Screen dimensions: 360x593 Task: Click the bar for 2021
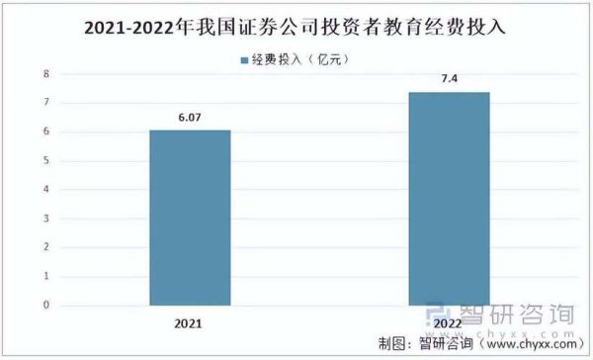[190, 218]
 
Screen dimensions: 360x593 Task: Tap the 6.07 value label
[190, 118]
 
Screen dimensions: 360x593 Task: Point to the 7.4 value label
[449, 78]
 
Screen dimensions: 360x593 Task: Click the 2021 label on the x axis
[190, 323]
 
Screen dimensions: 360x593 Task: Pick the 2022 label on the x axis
[449, 323]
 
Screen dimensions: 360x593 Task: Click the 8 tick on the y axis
[45, 74]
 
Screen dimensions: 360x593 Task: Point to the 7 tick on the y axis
[45, 103]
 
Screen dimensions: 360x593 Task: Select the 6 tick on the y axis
[45, 132]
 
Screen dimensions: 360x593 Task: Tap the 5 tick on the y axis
[45, 161]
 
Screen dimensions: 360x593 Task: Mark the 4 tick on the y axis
[45, 190]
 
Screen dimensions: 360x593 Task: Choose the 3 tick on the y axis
[45, 219]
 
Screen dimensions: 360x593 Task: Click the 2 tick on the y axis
[45, 247]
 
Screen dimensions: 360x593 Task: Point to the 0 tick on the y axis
[45, 306]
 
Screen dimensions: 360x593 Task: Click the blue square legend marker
[244, 60]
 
